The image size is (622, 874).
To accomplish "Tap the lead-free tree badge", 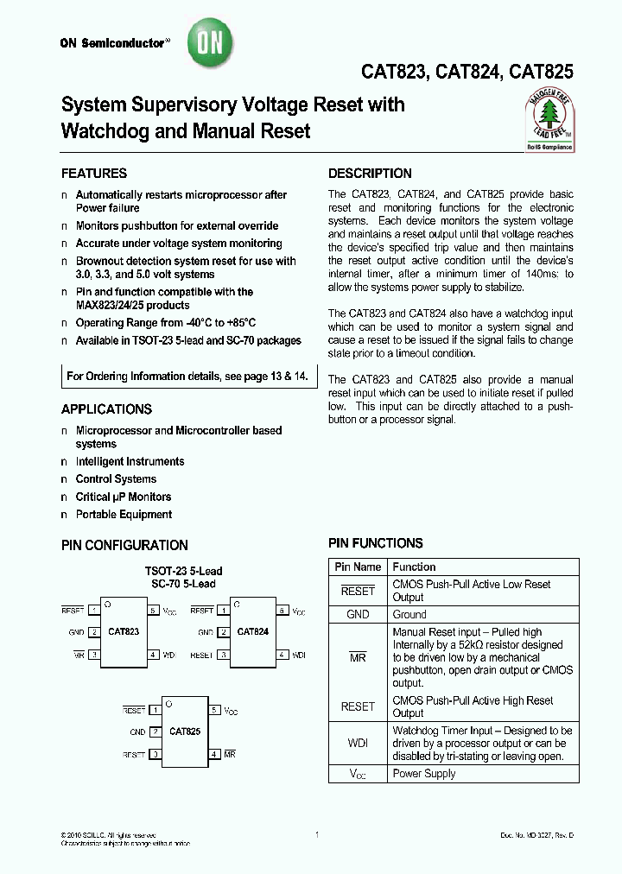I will (x=549, y=120).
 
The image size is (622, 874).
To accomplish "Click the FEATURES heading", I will (x=94, y=174).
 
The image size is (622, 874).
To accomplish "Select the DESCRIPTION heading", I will (x=370, y=174).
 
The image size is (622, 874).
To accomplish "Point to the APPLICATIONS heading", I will (x=106, y=409).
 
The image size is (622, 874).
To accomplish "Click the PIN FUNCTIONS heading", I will (x=376, y=543).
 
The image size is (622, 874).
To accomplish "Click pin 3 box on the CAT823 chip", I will (x=94, y=655).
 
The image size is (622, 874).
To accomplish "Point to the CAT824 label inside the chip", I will (x=252, y=631).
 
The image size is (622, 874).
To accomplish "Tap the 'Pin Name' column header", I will (x=358, y=567).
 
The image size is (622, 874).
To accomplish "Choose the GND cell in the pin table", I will (x=358, y=615).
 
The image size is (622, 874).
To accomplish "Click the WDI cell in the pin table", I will (x=358, y=744).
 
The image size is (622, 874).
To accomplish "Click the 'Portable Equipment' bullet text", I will (x=124, y=515).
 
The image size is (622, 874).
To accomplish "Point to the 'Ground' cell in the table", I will (x=409, y=615).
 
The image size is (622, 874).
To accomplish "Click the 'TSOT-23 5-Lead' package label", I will (x=183, y=572).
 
